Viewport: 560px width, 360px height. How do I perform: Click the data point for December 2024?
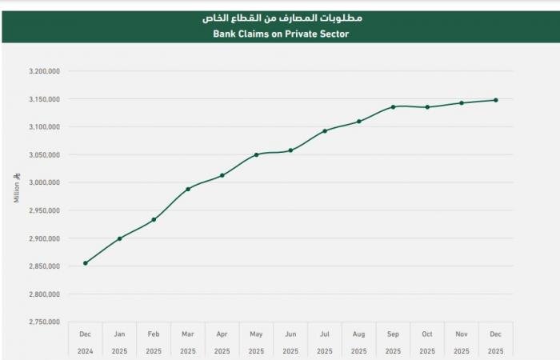[86, 263]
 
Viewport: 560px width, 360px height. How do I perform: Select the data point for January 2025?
[120, 238]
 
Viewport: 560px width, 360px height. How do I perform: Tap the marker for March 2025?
[188, 190]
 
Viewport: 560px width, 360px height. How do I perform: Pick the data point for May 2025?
[256, 154]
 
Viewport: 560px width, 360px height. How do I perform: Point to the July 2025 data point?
[325, 131]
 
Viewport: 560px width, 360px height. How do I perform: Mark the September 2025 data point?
[393, 107]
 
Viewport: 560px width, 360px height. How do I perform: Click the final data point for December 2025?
[496, 100]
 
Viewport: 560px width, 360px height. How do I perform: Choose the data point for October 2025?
[427, 107]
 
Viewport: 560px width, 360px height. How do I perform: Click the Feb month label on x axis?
[154, 334]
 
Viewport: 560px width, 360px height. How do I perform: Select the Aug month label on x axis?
[358, 334]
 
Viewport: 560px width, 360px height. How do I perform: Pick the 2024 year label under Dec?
[86, 350]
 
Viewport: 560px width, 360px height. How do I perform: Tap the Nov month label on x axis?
[462, 334]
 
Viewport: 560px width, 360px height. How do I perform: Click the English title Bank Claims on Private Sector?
[281, 34]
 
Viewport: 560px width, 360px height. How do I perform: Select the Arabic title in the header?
[281, 16]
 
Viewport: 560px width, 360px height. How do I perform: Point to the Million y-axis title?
[17, 188]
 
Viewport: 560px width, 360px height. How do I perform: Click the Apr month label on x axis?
[222, 334]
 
